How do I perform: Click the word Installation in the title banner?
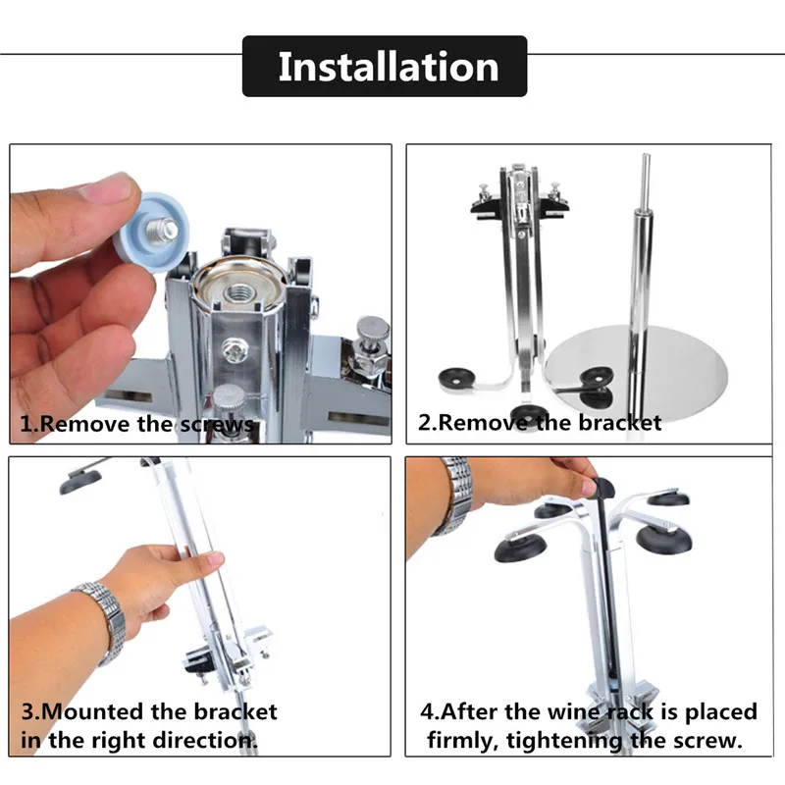(x=388, y=67)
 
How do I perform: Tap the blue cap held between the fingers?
(x=151, y=231)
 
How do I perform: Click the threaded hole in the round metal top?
(x=239, y=291)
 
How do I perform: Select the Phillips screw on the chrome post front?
(x=234, y=349)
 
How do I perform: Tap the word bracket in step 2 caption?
(x=620, y=423)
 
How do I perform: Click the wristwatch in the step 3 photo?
(x=104, y=622)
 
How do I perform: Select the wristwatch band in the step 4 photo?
(x=452, y=496)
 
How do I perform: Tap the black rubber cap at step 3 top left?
(x=80, y=482)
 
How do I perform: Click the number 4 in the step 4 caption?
(x=427, y=712)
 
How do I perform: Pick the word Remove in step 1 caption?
(x=84, y=424)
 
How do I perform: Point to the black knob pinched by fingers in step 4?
(x=602, y=489)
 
